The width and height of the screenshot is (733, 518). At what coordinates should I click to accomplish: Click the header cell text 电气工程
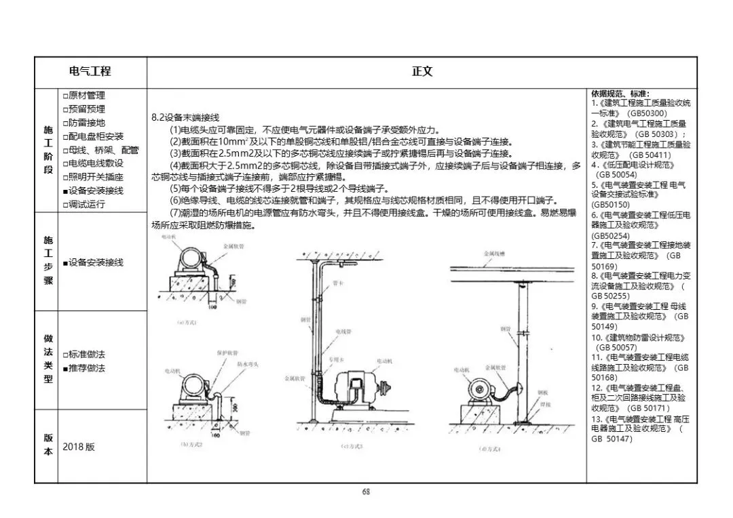(90, 71)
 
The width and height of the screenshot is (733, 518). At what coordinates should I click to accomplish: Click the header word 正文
(421, 71)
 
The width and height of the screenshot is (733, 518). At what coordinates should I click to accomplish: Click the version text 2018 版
(79, 447)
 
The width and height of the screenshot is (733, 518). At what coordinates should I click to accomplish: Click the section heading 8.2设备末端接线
(185, 117)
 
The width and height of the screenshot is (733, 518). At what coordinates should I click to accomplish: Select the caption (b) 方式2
(191, 444)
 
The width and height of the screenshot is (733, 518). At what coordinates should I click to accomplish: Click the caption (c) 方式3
(352, 445)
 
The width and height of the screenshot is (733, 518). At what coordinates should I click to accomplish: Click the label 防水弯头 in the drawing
(246, 364)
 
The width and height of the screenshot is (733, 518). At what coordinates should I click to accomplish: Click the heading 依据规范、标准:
(620, 94)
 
